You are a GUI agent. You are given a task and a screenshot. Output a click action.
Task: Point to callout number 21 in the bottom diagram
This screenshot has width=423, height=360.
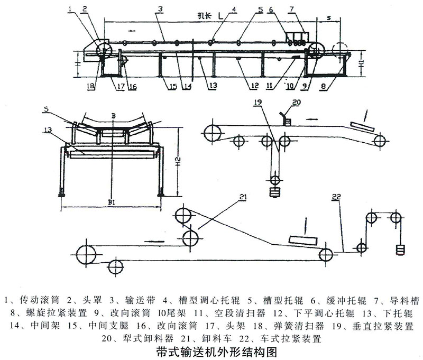[243, 197]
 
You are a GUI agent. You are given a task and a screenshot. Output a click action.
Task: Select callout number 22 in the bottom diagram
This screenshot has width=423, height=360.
[336, 197]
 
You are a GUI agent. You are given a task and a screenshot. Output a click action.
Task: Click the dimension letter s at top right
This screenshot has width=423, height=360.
[329, 17]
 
